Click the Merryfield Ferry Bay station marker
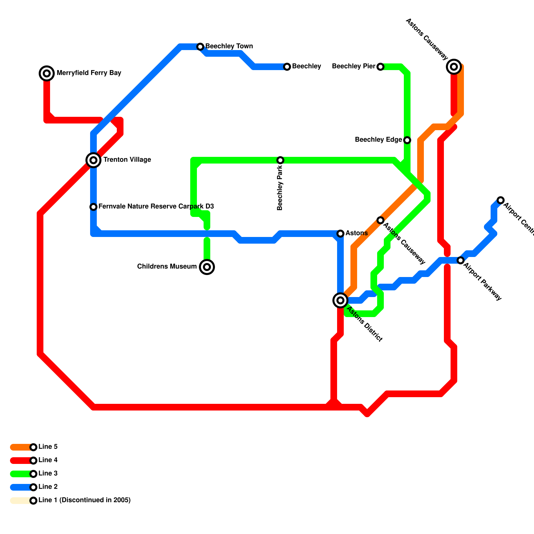(47, 73)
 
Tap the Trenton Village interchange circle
(93, 160)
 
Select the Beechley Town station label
(229, 46)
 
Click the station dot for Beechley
(287, 67)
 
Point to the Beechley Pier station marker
(380, 67)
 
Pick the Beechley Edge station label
(378, 140)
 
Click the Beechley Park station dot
(280, 160)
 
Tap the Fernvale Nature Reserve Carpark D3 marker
(93, 207)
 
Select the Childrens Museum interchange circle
(207, 267)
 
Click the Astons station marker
(340, 233)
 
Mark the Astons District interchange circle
(340, 300)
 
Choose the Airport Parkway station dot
(461, 260)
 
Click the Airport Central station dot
(500, 200)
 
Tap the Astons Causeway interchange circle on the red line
(454, 67)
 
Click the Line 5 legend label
(48, 447)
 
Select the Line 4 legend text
(48, 460)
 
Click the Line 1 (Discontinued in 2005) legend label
(84, 500)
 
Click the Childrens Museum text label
(167, 266)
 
